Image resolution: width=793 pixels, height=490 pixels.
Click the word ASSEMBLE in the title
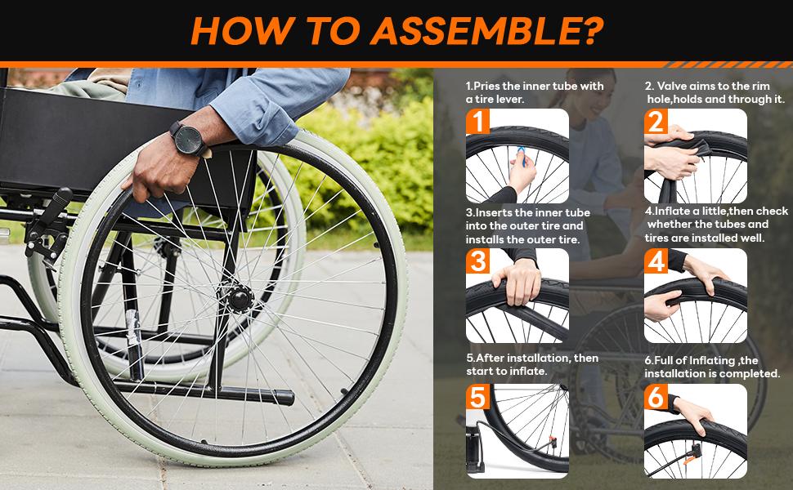click(x=463, y=31)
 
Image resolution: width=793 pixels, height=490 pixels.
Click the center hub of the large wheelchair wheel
click(x=239, y=299)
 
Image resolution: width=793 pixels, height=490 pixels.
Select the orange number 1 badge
click(x=480, y=122)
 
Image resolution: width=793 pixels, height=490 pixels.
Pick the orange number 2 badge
click(x=656, y=122)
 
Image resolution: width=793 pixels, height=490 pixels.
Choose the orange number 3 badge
click(x=480, y=261)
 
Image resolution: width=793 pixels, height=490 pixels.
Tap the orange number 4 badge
click(x=656, y=261)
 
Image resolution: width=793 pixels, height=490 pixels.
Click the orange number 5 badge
click(x=480, y=398)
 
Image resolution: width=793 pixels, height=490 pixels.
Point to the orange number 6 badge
click(x=656, y=398)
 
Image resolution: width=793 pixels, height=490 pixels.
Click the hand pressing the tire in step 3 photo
click(x=517, y=282)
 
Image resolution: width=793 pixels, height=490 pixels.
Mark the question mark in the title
click(x=593, y=31)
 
